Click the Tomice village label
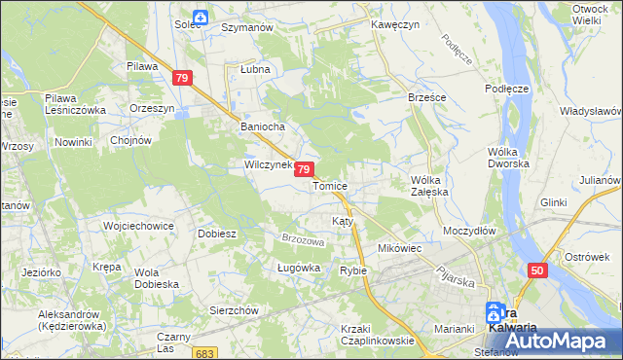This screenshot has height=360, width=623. coord(330,185)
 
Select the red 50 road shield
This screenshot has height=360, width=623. coord(537,270)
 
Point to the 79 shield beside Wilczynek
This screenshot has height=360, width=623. coord(305,169)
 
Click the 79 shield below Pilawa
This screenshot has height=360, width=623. coord(183,77)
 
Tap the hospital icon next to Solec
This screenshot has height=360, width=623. coord(200,17)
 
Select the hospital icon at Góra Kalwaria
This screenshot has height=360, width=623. coord(495,311)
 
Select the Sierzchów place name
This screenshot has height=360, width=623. coord(234,309)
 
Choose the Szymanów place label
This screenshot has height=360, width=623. coord(245,28)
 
